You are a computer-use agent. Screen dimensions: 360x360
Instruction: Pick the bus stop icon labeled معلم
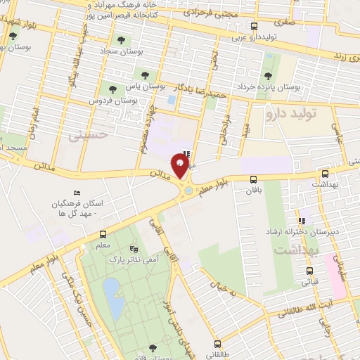[x=103, y=235]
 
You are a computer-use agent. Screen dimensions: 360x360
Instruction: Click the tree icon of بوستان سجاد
[x=122, y=40]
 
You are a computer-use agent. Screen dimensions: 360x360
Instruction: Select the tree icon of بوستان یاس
[x=145, y=73]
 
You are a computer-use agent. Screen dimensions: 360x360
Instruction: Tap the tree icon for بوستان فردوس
[x=113, y=89]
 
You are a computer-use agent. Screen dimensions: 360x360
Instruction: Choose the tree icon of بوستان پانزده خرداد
[x=267, y=77]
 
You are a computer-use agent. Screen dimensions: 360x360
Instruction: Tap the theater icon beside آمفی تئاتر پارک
[x=134, y=249]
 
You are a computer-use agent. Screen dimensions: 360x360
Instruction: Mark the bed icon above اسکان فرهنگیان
[x=77, y=193]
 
